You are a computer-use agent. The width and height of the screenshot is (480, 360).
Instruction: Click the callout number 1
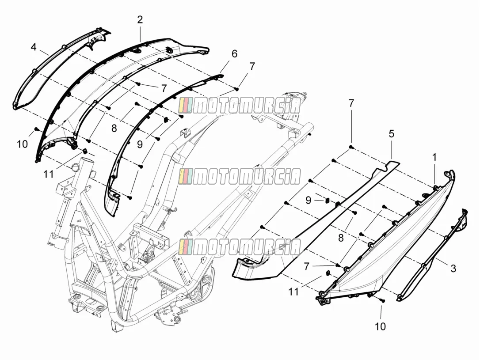click(434, 158)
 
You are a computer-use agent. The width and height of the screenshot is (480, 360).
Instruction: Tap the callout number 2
click(140, 20)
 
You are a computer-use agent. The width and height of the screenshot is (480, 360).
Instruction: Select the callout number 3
click(453, 269)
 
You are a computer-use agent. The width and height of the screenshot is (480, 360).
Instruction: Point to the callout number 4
click(33, 47)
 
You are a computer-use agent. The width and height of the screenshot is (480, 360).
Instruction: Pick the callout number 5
click(391, 134)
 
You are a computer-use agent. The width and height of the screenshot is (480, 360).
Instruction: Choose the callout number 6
click(234, 54)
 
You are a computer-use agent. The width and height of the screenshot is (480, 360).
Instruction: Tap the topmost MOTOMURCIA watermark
click(240, 106)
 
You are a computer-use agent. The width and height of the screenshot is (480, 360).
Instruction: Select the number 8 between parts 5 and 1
click(341, 238)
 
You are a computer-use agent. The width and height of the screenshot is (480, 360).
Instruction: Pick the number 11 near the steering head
click(48, 174)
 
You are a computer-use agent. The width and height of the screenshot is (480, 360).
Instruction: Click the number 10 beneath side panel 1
click(380, 326)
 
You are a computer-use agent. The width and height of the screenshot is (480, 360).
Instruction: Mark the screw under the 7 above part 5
click(351, 148)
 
